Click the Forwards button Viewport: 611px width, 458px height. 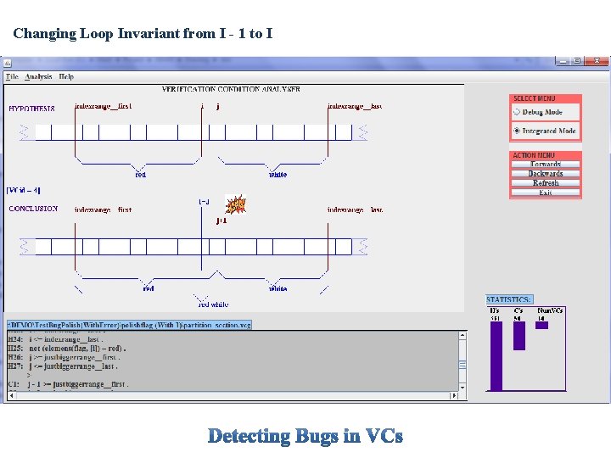point(546,165)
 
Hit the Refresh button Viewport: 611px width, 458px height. point(546,183)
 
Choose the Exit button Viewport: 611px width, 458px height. point(546,193)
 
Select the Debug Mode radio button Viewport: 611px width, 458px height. point(517,112)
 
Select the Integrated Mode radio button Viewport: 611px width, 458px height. point(517,131)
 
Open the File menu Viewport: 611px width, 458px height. point(12,76)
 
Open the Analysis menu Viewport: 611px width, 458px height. point(38,76)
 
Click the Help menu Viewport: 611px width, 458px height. point(66,76)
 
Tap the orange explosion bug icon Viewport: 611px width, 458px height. point(236,204)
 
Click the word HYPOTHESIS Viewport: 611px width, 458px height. point(31,109)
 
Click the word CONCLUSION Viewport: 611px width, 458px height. point(33,209)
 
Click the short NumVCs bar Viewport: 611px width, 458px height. point(541,325)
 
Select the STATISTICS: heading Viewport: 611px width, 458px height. point(509,299)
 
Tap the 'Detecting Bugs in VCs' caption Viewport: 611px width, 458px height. point(305,436)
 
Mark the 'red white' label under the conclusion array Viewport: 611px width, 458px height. point(213,304)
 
